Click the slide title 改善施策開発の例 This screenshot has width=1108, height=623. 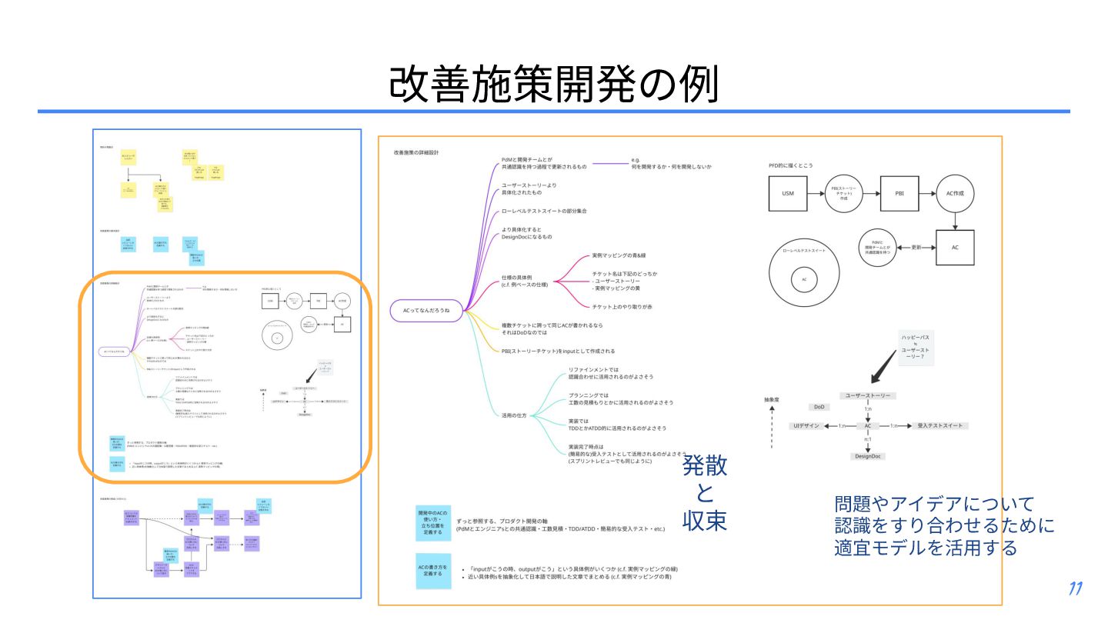click(x=553, y=84)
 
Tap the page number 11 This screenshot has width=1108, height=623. click(x=1076, y=589)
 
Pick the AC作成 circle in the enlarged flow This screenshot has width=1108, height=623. click(x=955, y=193)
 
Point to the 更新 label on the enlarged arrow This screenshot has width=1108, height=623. click(x=916, y=248)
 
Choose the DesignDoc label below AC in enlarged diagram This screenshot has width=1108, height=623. click(x=868, y=456)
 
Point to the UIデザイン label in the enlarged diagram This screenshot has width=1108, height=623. click(x=808, y=425)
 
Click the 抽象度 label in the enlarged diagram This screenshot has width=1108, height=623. click(x=772, y=400)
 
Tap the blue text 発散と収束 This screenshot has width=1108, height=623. click(x=704, y=493)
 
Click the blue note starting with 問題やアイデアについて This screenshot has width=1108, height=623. click(x=944, y=526)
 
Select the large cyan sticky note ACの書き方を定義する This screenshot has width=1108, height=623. click(x=433, y=571)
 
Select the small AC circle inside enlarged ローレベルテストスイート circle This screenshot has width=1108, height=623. click(x=804, y=279)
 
